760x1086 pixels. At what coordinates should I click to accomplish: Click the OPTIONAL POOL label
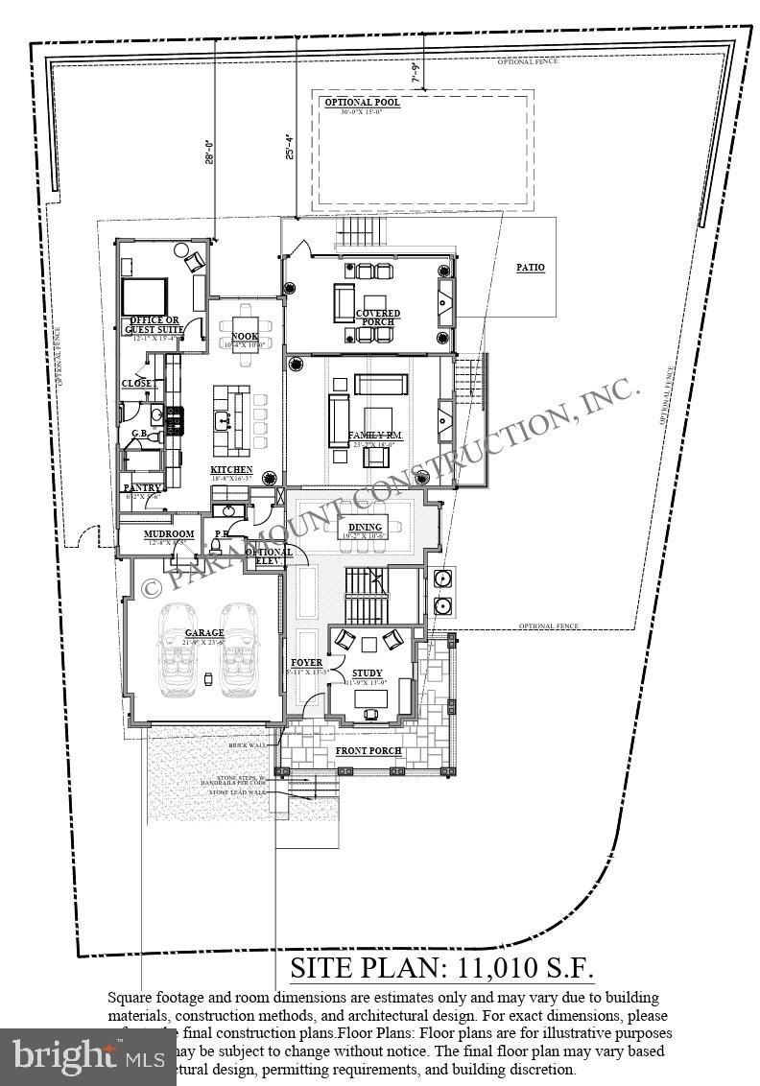click(361, 103)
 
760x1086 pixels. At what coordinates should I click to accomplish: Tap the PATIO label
click(531, 268)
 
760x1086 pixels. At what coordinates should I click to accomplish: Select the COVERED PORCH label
click(378, 318)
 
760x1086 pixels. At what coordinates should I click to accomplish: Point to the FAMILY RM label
click(374, 436)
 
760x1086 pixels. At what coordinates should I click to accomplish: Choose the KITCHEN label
click(231, 470)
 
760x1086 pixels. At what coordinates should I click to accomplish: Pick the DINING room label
click(365, 527)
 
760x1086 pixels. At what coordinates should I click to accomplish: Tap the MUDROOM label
click(169, 534)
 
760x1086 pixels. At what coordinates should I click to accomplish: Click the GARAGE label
click(204, 633)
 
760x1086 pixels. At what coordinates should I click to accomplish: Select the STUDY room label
click(367, 673)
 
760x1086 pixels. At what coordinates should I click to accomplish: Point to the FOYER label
click(307, 663)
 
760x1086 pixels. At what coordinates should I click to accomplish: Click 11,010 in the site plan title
click(489, 966)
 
